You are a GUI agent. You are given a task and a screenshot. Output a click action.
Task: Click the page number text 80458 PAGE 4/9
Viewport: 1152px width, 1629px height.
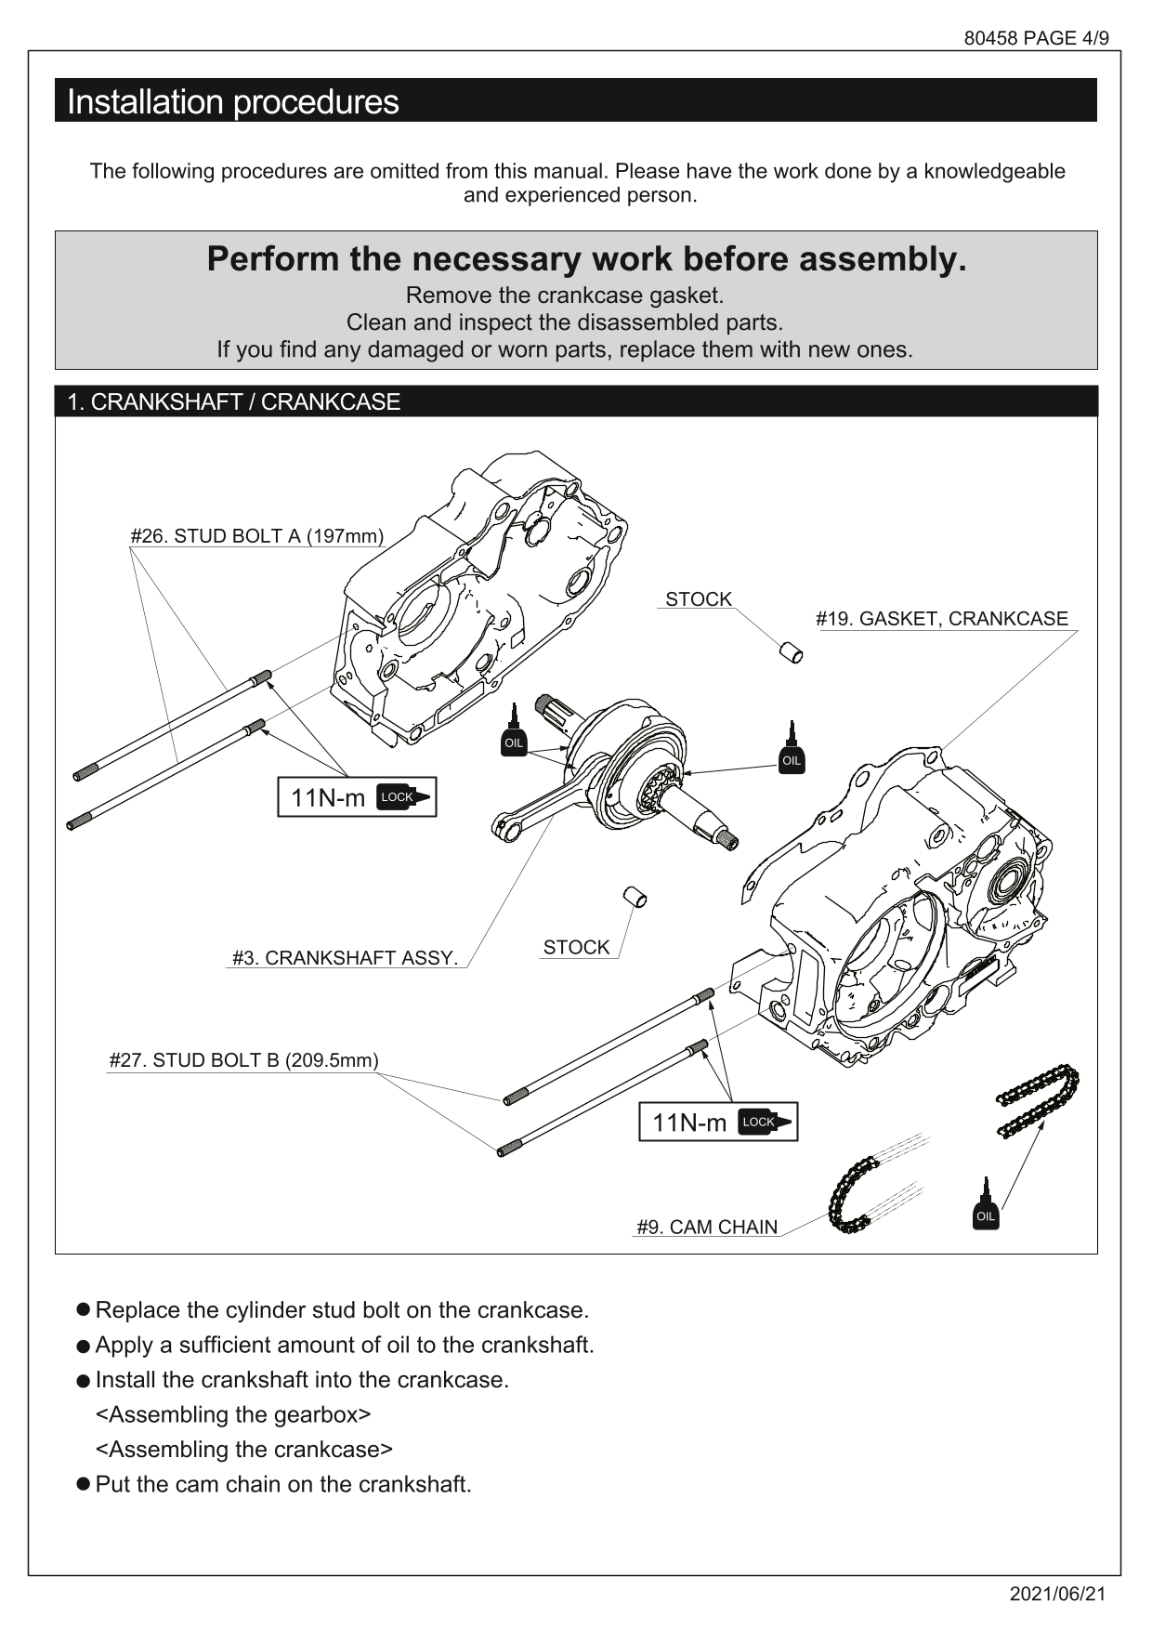[x=1036, y=38]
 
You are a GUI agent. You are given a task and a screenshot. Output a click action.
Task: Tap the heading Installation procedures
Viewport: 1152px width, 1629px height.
[x=232, y=101]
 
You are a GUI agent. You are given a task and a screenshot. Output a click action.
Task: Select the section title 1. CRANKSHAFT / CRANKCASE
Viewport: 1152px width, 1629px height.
[x=233, y=401]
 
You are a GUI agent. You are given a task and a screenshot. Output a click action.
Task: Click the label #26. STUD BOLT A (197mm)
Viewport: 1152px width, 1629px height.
[x=256, y=536]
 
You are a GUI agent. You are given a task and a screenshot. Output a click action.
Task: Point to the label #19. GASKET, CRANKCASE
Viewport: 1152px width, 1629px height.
[x=941, y=619]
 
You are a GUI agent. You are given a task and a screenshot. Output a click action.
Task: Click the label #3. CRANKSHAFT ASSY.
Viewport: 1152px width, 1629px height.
[x=345, y=958]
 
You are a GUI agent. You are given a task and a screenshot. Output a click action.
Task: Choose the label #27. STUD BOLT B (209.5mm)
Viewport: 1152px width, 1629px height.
[x=243, y=1060]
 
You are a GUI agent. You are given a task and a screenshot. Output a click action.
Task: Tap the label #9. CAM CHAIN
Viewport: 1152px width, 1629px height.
[x=706, y=1227]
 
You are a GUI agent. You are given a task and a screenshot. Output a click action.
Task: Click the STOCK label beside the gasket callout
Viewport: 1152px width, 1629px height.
[x=698, y=599]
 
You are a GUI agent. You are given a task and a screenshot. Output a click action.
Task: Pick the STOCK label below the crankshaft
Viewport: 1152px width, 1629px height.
[x=576, y=947]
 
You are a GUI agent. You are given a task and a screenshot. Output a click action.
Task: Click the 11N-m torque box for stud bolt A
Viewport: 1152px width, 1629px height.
[x=357, y=797]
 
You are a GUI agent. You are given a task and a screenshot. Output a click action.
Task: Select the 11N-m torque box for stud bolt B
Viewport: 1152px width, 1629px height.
[x=717, y=1123]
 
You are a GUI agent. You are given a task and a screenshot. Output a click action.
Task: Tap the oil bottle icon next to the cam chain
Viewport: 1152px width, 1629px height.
[x=986, y=1206]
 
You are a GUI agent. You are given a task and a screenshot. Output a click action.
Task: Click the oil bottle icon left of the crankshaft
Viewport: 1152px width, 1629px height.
[x=514, y=732]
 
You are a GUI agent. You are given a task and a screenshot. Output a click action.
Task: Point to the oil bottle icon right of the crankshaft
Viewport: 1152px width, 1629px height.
[x=791, y=749]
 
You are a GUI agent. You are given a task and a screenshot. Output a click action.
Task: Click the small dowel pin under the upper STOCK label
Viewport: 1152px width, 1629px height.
[x=791, y=651]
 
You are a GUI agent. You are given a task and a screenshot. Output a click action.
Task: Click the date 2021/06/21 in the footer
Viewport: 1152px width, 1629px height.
[x=1058, y=1594]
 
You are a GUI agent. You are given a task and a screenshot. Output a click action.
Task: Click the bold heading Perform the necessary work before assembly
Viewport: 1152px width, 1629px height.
[x=586, y=259]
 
